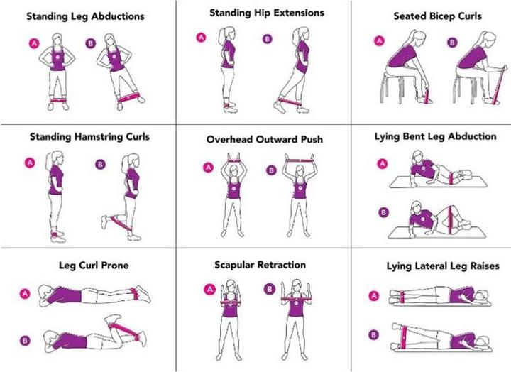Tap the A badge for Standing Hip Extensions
(201, 38)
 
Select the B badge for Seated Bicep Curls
(452, 43)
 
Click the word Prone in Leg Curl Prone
(115, 265)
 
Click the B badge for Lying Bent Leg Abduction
(383, 212)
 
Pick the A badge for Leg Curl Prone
(25, 294)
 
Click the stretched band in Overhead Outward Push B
(300, 160)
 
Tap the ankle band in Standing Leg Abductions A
(58, 100)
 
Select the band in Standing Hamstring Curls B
(120, 223)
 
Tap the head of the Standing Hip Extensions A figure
(229, 33)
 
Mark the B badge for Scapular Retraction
(270, 289)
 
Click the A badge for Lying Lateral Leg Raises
(374, 296)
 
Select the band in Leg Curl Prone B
(123, 330)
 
